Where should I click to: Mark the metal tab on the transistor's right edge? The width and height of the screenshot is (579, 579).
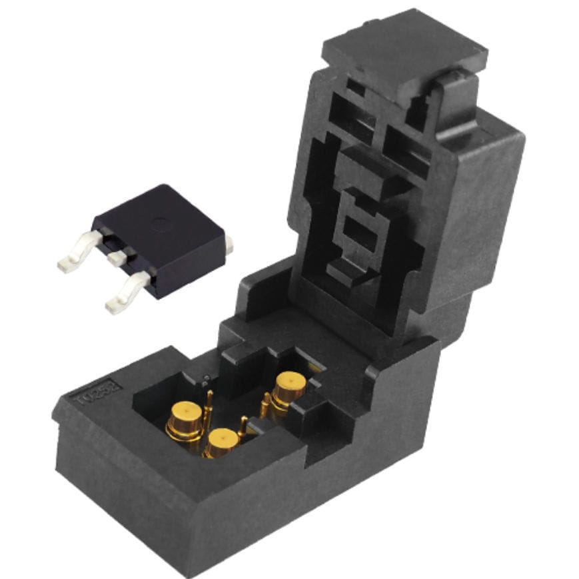[229, 245]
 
